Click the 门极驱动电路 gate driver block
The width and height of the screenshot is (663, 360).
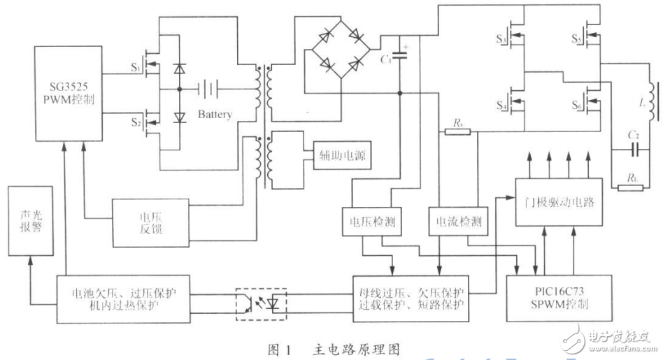point(562,201)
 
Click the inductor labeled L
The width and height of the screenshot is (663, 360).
point(649,99)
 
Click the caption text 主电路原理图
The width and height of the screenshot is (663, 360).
point(358,347)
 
